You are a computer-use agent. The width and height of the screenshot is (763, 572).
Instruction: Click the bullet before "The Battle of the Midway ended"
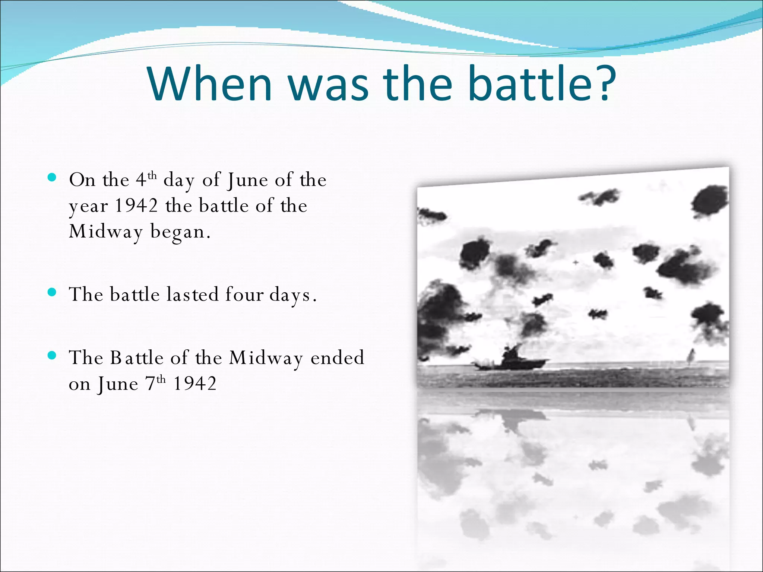click(52, 355)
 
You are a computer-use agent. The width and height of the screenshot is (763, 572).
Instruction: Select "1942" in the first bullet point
click(136, 206)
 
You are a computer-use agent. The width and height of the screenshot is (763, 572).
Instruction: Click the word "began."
click(181, 232)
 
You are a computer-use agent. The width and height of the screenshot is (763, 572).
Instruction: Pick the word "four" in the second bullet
click(244, 295)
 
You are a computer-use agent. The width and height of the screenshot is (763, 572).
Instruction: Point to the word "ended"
click(337, 358)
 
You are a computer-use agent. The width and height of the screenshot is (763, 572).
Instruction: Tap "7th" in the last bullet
click(155, 384)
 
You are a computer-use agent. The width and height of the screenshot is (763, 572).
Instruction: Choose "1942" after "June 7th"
click(195, 384)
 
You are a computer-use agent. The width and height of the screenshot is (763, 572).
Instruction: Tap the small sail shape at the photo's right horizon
click(691, 356)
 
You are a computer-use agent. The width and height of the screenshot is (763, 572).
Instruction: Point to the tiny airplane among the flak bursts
click(576, 263)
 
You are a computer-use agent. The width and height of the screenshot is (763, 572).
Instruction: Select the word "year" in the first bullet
click(88, 207)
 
